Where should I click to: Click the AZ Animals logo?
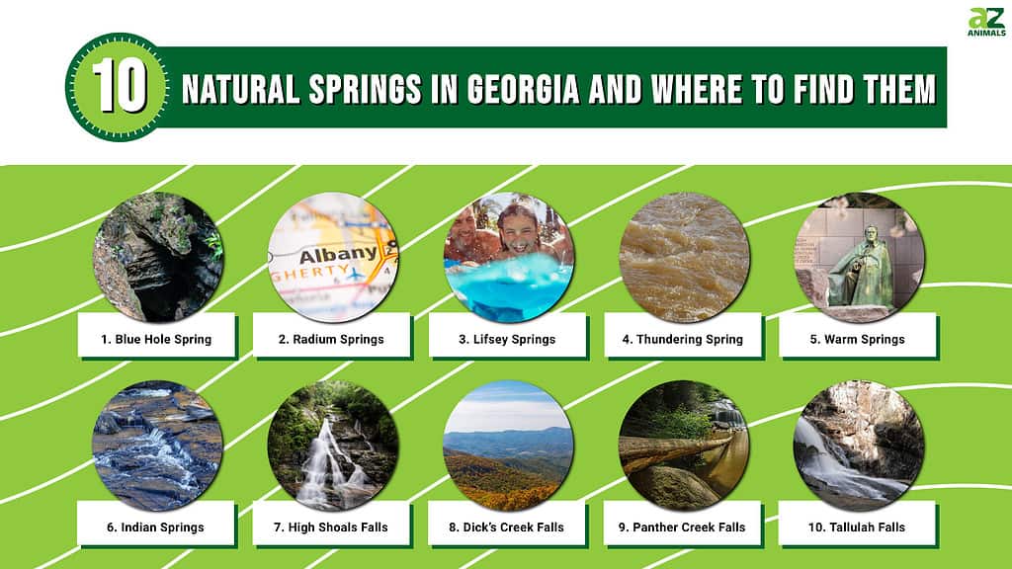coord(986,22)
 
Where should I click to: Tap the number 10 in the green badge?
coord(120,87)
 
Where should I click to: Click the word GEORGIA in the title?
coord(523,89)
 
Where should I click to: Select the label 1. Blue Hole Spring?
coord(156,340)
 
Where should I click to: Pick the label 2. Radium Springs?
coord(331,340)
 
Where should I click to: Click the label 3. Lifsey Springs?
coord(507,340)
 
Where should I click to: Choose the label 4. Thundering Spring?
coord(682,340)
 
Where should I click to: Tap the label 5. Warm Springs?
coord(857,340)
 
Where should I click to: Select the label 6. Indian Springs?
coord(155,528)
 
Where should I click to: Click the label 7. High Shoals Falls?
coord(330,528)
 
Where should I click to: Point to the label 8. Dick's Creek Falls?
coord(506,528)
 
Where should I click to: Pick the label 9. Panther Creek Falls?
coord(682,528)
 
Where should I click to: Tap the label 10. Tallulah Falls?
coord(857,528)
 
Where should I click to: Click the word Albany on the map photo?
coord(338,254)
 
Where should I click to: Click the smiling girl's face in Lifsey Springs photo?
coord(518,230)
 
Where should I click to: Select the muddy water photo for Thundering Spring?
coord(684,258)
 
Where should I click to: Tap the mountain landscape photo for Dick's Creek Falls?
coord(509,446)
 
